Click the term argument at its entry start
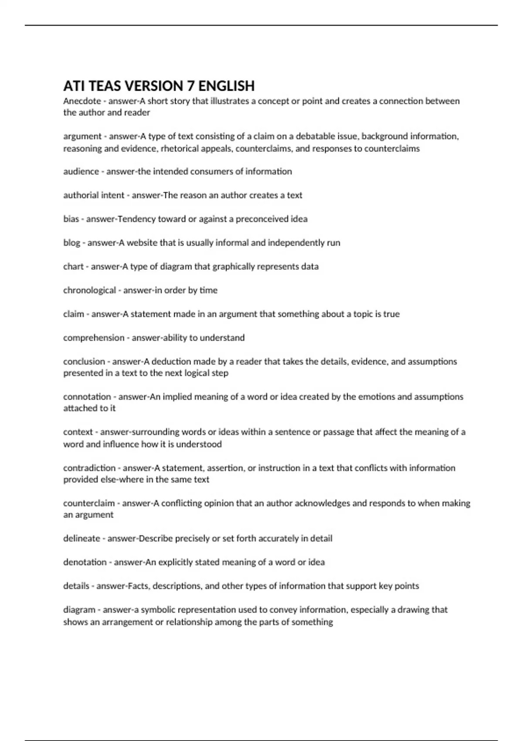pos(82,136)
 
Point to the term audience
pos(81,172)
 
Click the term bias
pos(71,219)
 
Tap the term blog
pos(71,243)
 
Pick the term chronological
pos(89,290)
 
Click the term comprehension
pos(94,338)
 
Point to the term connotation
pos(87,397)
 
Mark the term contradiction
pos(89,468)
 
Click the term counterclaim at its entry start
pos(89,503)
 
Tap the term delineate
pos(82,539)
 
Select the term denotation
pos(85,562)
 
